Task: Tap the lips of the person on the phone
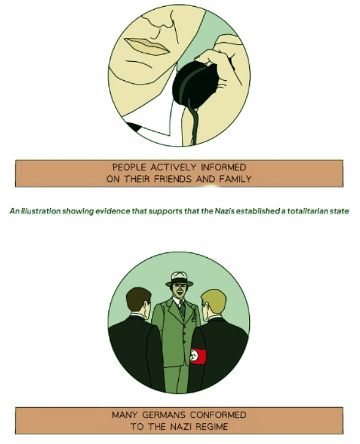(144, 46)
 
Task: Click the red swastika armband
(197, 356)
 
